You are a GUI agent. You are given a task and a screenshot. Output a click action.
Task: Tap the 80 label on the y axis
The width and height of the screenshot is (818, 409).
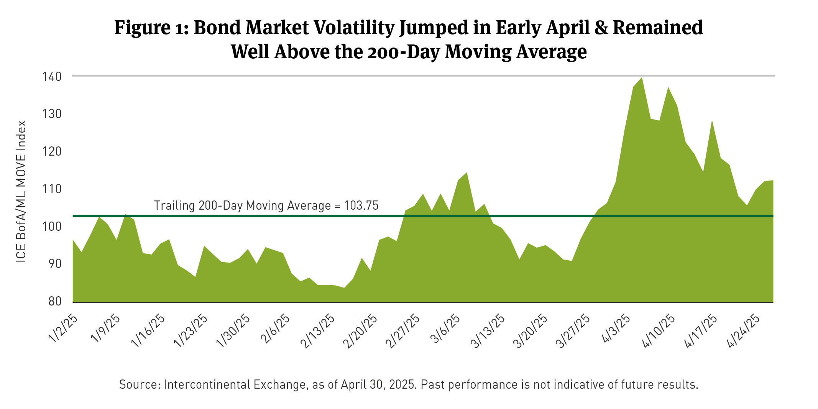tap(55, 301)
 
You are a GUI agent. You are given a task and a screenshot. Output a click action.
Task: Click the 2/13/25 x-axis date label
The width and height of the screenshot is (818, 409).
tap(318, 332)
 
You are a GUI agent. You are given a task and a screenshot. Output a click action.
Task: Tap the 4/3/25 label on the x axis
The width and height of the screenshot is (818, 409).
tap(616, 329)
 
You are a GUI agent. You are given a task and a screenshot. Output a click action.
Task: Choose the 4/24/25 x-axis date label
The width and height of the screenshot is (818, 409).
tap(744, 331)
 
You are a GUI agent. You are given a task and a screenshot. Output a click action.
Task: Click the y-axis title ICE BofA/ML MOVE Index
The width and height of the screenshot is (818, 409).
tap(21, 192)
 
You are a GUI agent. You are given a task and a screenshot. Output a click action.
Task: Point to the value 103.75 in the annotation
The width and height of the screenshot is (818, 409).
tap(361, 206)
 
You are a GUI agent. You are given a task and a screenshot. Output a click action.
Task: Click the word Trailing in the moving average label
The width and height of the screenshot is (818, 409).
tap(174, 206)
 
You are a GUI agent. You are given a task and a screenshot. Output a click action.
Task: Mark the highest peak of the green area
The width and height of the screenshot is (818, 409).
tap(642, 78)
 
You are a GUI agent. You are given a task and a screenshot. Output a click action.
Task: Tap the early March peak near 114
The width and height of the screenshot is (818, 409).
tap(466, 173)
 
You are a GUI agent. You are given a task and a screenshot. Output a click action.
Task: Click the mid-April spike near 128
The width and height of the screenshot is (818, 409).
tap(712, 121)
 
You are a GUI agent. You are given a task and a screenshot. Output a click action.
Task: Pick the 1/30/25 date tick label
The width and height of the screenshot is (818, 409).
tap(233, 331)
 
